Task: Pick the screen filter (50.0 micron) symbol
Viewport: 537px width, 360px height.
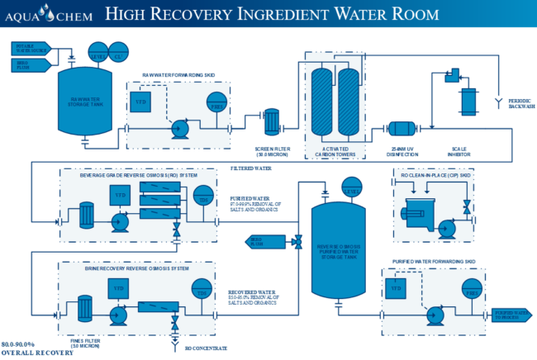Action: (269, 118)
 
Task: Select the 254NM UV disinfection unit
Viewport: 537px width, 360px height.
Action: (402, 129)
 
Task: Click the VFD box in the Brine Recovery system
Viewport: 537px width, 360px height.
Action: (118, 288)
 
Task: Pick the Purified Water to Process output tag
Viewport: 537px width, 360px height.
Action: (511, 315)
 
